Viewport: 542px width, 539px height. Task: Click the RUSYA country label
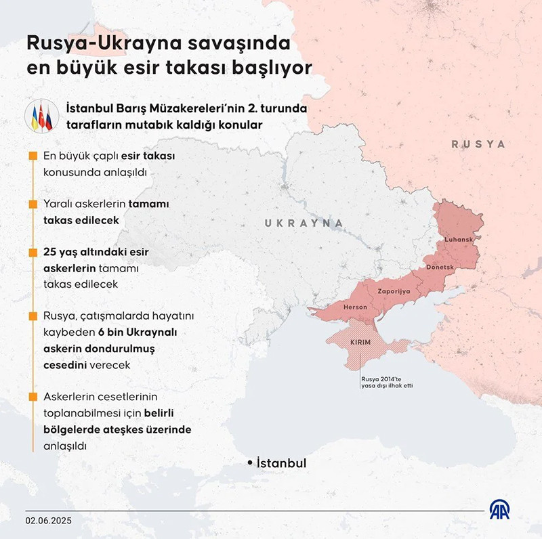click(x=478, y=144)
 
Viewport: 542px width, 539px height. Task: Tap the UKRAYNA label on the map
click(x=304, y=223)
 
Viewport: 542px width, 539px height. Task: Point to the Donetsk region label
click(x=441, y=267)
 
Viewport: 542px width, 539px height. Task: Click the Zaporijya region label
click(x=394, y=290)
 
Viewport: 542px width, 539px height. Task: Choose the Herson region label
click(x=356, y=307)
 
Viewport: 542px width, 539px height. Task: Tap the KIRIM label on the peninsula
click(x=360, y=343)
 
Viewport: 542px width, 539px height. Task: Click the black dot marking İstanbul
click(x=250, y=462)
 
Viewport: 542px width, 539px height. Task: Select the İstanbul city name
click(x=282, y=463)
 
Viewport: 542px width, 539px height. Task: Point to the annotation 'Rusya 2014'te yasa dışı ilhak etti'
click(x=387, y=381)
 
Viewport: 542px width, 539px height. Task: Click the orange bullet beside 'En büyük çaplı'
click(x=33, y=156)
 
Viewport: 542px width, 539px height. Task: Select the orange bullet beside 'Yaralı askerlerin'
click(x=33, y=204)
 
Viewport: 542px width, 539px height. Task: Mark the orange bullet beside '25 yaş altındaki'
click(x=33, y=252)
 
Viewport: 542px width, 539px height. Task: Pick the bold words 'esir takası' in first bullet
click(x=150, y=156)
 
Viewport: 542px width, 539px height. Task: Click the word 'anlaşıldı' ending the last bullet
click(x=66, y=446)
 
